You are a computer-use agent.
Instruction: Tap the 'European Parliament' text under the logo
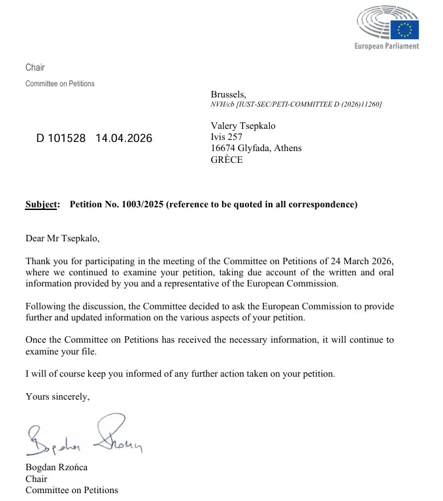(x=386, y=46)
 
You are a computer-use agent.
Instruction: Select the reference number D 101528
(x=61, y=139)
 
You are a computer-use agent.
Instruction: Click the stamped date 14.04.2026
(x=123, y=139)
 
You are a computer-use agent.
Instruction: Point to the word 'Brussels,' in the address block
(x=228, y=95)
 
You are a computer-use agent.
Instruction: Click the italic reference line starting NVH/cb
(x=296, y=105)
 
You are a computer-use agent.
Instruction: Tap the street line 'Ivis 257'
(x=226, y=137)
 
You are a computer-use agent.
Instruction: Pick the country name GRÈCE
(x=227, y=160)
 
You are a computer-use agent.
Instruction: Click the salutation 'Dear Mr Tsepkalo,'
(x=63, y=239)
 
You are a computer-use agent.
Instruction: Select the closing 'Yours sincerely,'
(x=57, y=396)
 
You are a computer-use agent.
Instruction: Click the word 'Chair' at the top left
(x=35, y=68)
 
